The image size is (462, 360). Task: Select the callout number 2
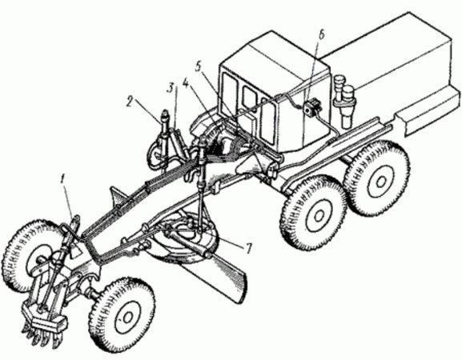(131, 102)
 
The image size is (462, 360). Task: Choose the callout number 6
(321, 35)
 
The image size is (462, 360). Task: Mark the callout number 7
(248, 249)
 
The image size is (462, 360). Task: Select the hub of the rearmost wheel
(380, 180)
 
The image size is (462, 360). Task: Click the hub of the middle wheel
(318, 216)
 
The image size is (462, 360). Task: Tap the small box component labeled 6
(311, 108)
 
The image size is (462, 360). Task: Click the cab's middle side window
(249, 100)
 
